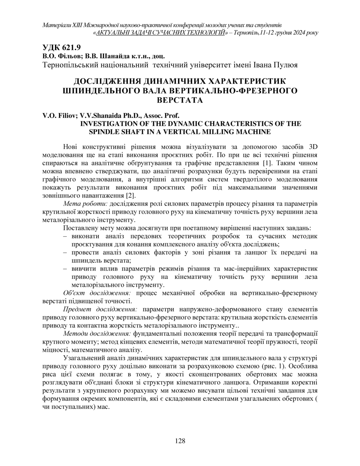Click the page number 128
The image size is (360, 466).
point(180,441)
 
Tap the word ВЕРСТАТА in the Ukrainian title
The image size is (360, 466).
point(180,100)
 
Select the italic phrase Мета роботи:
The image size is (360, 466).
point(85,204)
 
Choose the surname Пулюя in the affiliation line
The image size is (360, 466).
point(285,65)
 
